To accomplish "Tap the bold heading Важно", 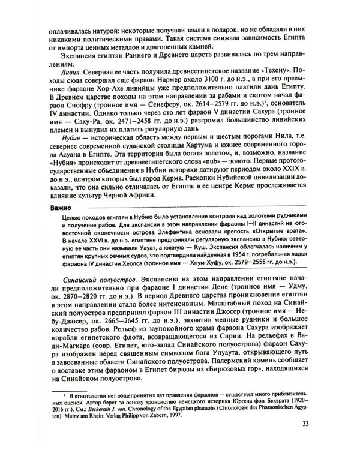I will pyautogui.click(x=58, y=208).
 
